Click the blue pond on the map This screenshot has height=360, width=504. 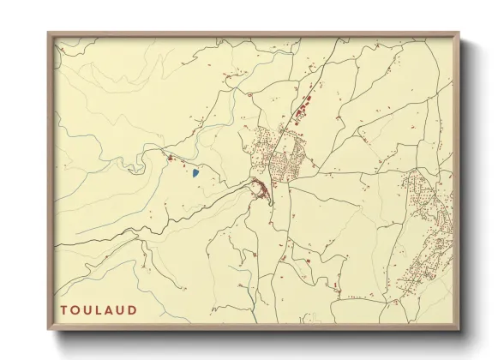(x=195, y=172)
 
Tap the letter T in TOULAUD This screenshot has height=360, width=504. (x=64, y=309)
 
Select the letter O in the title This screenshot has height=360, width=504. (x=76, y=309)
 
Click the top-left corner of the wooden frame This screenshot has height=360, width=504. (x=49, y=33)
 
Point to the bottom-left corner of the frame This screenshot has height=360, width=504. (x=49, y=329)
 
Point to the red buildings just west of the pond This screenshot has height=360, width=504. (x=171, y=158)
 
